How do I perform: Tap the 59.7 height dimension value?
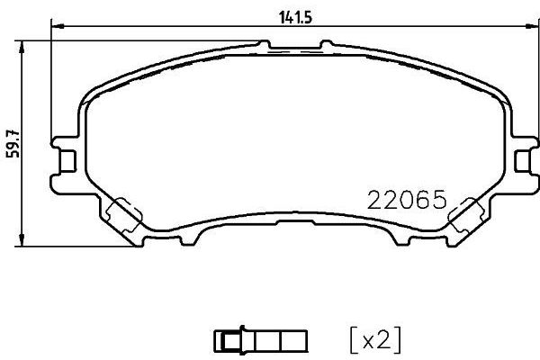point(12,142)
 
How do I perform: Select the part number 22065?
point(407,200)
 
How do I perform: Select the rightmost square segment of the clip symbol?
point(298,340)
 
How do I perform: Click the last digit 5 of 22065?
point(439,200)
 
